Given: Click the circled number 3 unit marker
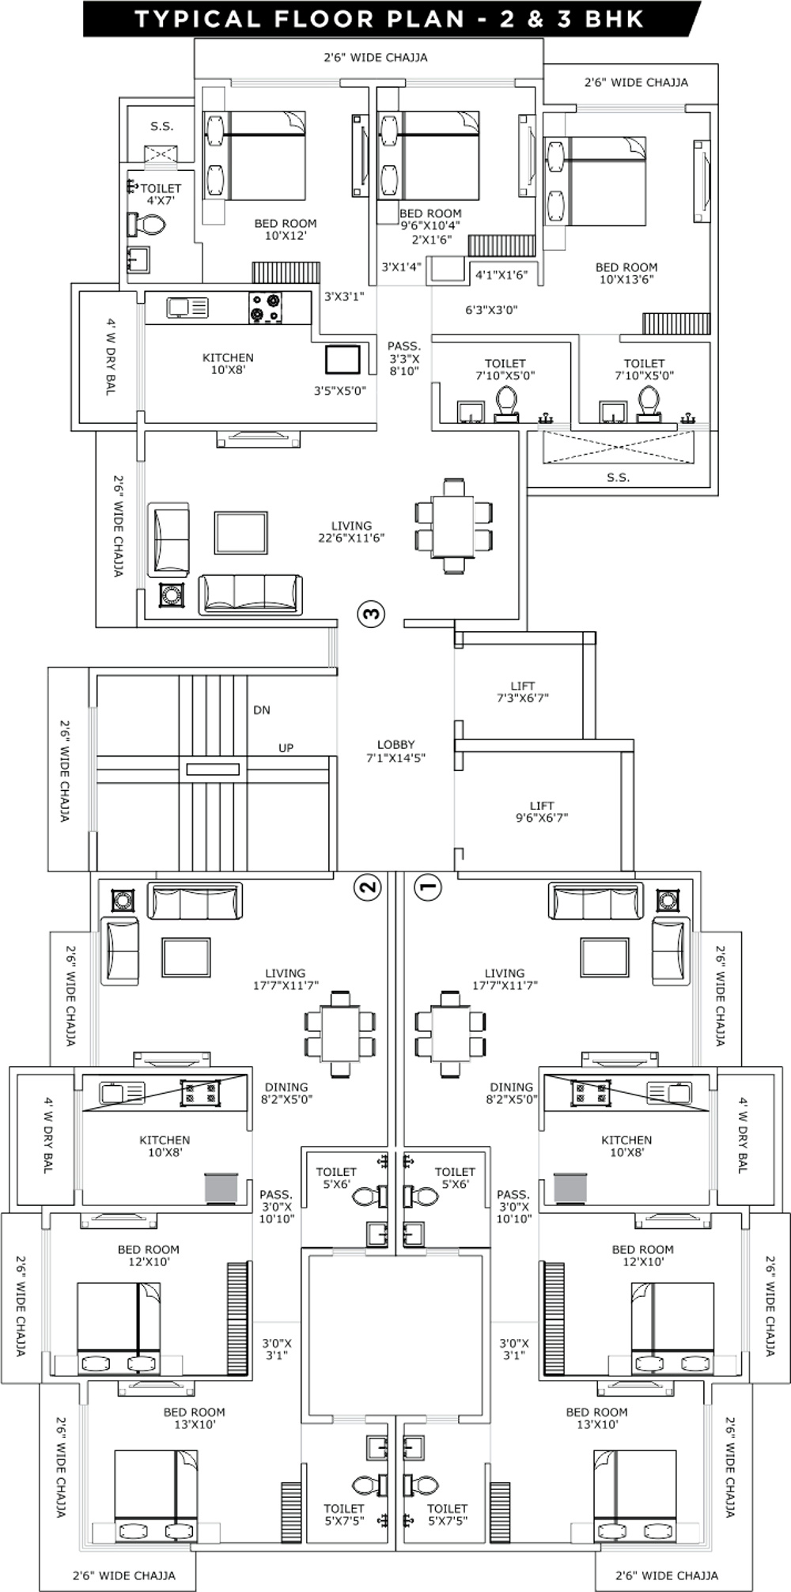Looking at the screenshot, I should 371,613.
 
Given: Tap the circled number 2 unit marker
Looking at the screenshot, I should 369,887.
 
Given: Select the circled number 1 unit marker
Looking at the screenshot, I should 427,887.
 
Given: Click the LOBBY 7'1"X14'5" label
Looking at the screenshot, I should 395,751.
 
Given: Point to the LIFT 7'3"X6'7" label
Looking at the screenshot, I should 522,692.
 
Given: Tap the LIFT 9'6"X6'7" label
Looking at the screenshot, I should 542,811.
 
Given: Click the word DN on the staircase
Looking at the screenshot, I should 262,710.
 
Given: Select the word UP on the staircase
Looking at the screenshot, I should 286,748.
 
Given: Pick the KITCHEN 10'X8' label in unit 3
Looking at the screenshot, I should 228,364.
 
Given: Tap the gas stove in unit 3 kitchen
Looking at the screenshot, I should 266,308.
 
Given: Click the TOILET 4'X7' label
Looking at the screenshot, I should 161,195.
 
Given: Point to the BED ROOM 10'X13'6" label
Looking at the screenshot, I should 626,273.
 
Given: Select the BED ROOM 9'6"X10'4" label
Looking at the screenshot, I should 430,219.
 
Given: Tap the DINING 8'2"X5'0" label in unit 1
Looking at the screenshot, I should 511,1093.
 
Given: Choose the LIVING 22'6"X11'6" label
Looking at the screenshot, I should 351,531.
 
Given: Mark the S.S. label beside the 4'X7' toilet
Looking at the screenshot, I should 162,126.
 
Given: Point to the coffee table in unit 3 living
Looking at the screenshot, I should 240,533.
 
